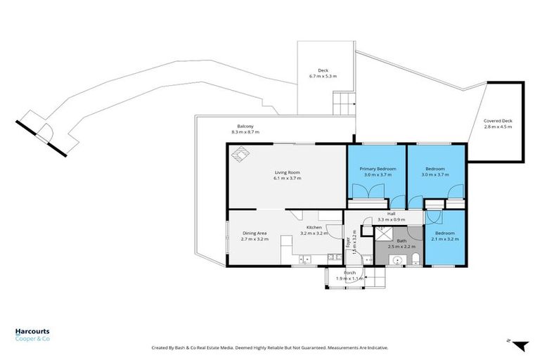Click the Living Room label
point(287,172)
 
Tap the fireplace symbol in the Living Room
point(241,154)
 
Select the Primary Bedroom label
point(378,169)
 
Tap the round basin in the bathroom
point(397,260)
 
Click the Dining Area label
point(255,233)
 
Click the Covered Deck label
point(498,121)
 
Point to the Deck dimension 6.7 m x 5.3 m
point(323,76)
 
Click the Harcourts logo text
point(32,331)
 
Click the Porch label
point(349,273)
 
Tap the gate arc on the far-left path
point(46,131)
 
